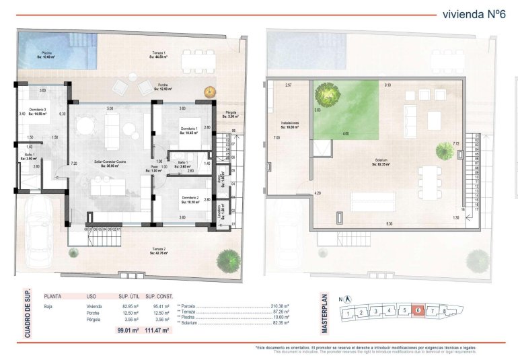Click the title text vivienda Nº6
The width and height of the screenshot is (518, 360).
tap(473, 14)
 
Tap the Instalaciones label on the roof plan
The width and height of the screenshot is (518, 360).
tap(290, 125)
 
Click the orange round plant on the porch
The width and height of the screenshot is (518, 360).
tap(210, 92)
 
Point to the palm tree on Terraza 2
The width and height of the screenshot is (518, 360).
tap(229, 258)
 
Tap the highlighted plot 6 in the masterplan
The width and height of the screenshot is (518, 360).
tap(418, 310)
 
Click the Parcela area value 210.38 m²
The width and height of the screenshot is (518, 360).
tap(279, 305)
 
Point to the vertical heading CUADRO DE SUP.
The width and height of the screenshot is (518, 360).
tap(27, 313)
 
